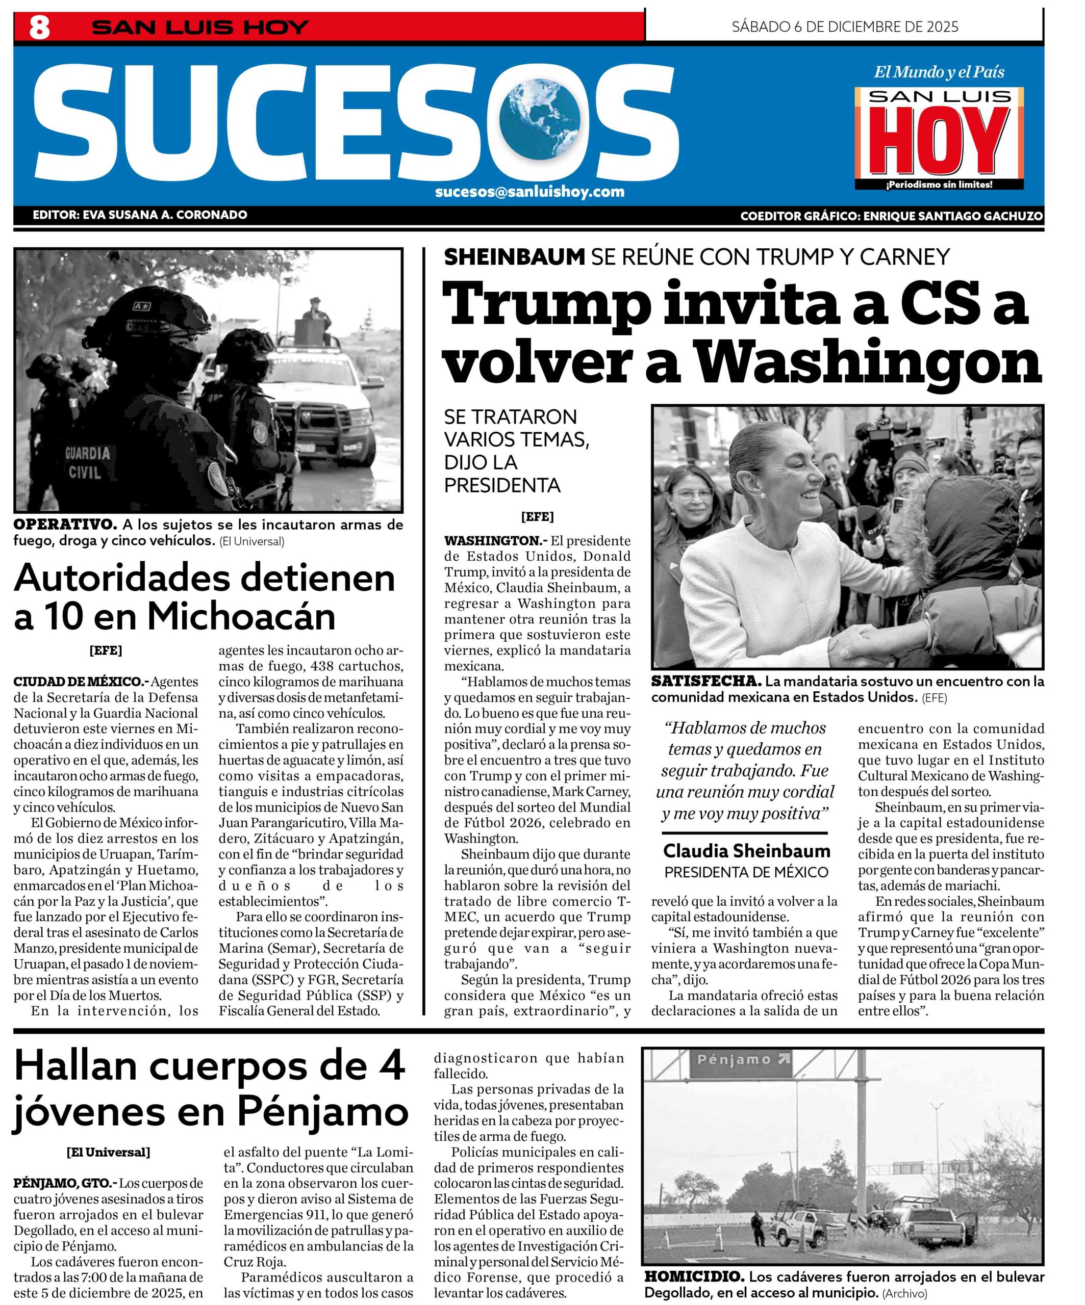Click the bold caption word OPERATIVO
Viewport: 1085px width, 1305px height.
(x=65, y=524)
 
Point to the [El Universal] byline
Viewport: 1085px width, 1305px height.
(x=108, y=1152)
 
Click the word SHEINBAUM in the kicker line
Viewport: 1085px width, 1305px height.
(x=514, y=256)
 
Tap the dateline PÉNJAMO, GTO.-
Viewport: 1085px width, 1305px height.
(x=64, y=1183)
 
